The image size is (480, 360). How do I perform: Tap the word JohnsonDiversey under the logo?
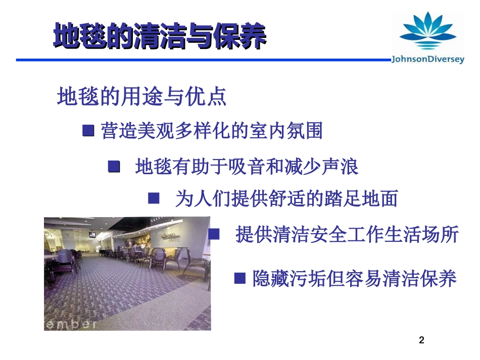[427, 60]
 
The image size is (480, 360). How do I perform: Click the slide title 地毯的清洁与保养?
[160, 36]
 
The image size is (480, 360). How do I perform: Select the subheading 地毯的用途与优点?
[142, 96]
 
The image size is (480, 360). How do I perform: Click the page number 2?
[422, 340]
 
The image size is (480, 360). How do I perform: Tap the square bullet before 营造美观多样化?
[88, 131]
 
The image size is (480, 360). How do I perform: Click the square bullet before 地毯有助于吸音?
[114, 166]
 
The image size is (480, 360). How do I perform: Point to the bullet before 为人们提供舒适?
[154, 198]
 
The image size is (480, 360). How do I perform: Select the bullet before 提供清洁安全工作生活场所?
[214, 234]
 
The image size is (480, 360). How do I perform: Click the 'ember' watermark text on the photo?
[71, 324]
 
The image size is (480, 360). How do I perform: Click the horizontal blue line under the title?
[202, 60]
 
